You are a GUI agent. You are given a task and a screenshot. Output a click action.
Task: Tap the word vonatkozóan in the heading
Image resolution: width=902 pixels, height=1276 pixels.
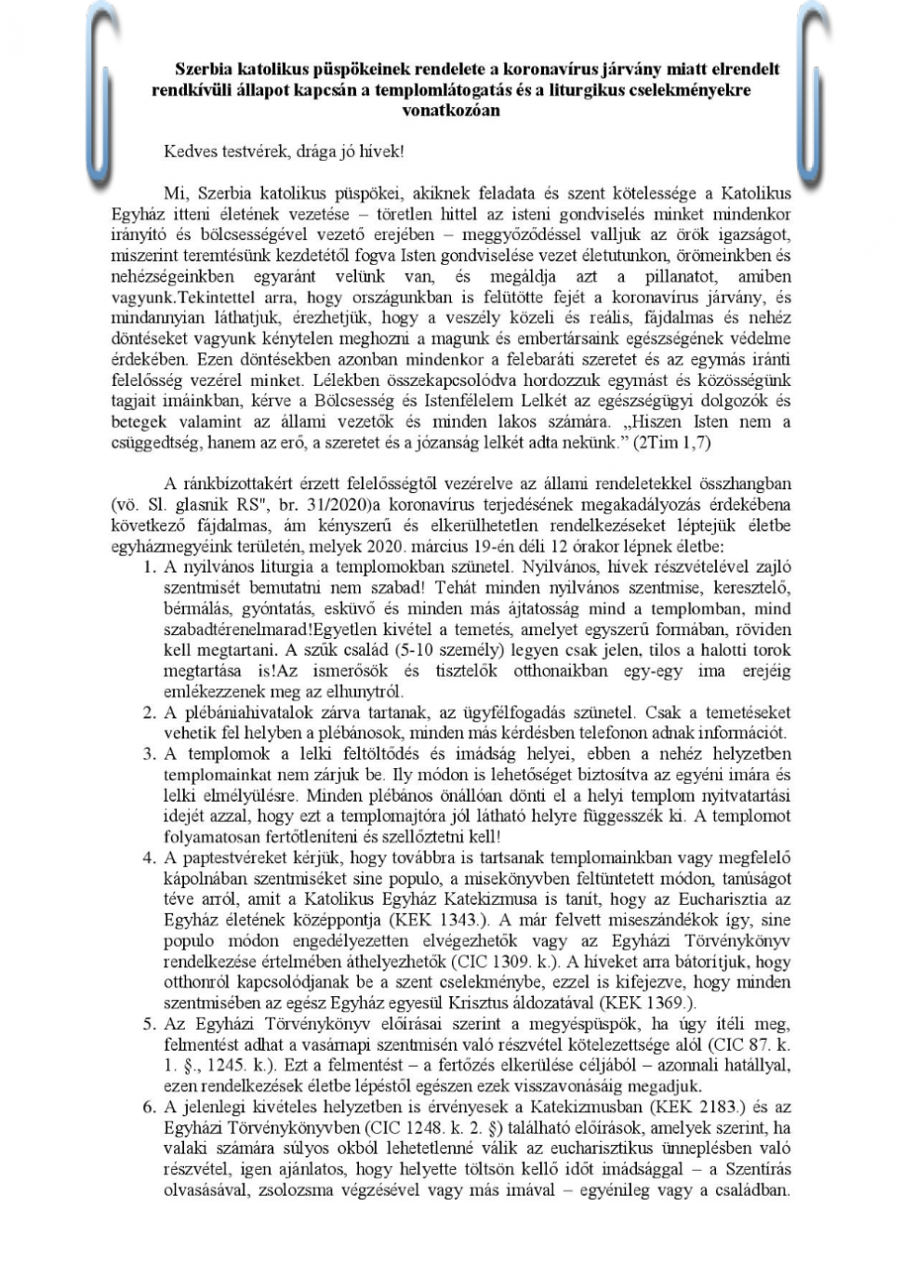pos(451,110)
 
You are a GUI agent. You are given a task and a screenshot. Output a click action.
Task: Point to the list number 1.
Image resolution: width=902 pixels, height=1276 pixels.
pos(149,566)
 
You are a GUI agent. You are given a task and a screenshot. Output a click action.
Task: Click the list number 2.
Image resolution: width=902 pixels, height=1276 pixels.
pos(149,712)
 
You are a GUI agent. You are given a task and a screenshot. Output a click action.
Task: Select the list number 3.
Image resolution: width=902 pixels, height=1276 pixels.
pos(149,753)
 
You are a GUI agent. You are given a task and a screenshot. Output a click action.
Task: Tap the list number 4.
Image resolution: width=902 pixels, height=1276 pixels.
pos(149,857)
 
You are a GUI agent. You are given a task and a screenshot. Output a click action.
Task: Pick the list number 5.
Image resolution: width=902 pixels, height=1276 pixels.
pos(149,1024)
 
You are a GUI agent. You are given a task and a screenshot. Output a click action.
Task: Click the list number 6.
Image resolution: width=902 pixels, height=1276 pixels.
pos(149,1107)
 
